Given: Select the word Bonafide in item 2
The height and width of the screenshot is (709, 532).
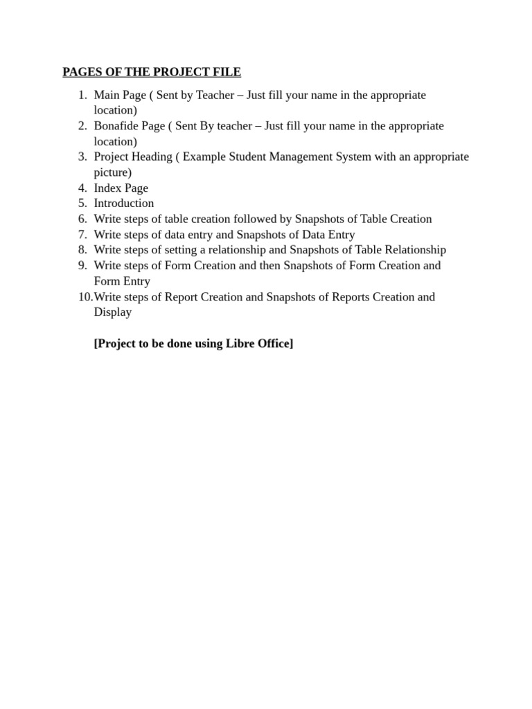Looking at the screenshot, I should click(x=116, y=125).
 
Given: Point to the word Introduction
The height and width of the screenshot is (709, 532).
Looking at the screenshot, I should click(x=124, y=203).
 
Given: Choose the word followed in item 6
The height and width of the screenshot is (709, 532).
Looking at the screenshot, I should click(x=256, y=219).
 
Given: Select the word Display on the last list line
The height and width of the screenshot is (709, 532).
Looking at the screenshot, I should click(x=113, y=312).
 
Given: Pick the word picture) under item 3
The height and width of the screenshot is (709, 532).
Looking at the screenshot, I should click(x=113, y=172).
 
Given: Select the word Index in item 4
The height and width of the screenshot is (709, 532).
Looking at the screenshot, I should click(x=108, y=188).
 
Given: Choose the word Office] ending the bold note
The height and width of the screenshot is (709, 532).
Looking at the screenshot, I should click(x=273, y=343).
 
